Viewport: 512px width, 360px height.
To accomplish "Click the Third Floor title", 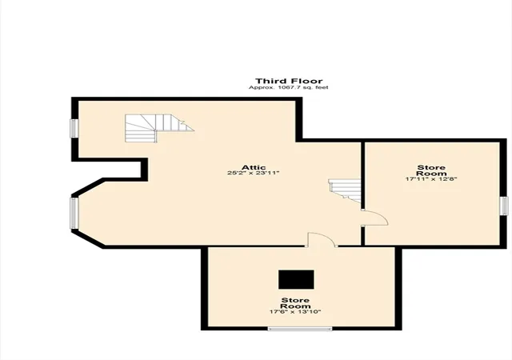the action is (x=289, y=81).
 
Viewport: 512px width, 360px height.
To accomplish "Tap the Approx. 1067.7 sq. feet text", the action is (x=288, y=87).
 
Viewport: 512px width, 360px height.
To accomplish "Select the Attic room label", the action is (x=254, y=167).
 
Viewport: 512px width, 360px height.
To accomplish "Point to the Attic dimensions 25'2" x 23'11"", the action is (x=254, y=173).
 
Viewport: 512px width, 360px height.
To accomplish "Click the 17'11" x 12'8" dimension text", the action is (x=431, y=179).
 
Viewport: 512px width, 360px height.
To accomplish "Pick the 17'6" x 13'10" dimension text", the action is (x=295, y=312).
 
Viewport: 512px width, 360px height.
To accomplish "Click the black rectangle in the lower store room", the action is (x=296, y=279).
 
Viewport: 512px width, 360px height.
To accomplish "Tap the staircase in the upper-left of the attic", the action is (x=159, y=128).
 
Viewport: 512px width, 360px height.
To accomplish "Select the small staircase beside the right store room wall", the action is (x=345, y=190).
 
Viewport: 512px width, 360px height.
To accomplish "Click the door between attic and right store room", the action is (x=374, y=218).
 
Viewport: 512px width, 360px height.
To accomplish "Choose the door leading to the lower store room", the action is (x=322, y=239).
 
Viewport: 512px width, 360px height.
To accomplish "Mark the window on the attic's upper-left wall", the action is (x=74, y=128).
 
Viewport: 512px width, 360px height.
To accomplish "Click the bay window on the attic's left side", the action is (x=74, y=213).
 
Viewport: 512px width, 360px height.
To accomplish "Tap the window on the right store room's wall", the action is (x=504, y=206).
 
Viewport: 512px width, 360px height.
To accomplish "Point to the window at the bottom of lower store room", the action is (x=300, y=329).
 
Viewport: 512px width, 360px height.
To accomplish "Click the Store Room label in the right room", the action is (x=431, y=170).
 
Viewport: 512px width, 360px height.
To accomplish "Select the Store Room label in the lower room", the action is (x=295, y=303).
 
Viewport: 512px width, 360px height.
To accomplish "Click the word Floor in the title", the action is (x=307, y=81).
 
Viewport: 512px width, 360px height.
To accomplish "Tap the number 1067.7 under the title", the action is (x=287, y=87).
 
